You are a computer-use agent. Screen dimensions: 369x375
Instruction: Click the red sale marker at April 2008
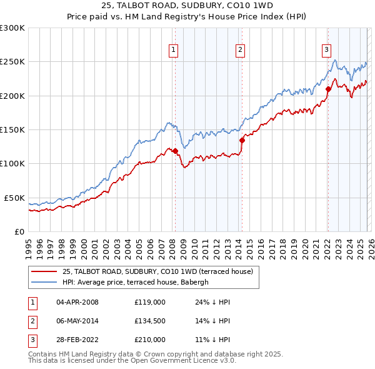coord(175,151)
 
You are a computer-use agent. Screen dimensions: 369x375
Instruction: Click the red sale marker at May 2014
coord(242,140)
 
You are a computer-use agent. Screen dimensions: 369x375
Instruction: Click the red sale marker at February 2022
coord(327,89)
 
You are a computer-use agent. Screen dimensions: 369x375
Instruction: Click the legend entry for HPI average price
coord(139,282)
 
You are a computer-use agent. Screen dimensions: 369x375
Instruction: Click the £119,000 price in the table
coord(150,302)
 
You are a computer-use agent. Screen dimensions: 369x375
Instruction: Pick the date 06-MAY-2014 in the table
coord(77,321)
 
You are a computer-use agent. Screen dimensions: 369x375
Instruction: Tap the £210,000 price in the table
coord(150,340)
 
